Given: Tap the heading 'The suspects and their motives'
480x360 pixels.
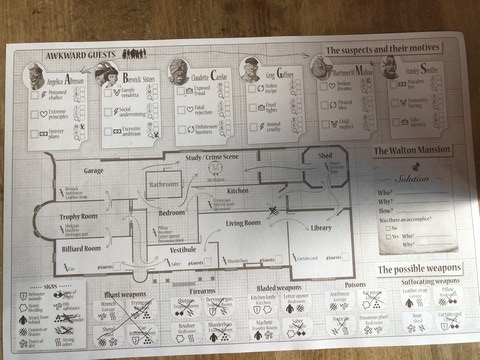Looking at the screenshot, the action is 386,50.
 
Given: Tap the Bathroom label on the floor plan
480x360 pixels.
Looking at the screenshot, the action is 163,185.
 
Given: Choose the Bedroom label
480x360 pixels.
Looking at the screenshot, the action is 172,213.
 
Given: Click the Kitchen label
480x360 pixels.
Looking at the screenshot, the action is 238,190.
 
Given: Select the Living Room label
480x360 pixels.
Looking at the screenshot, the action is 243,223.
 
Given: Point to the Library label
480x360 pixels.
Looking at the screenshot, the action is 321,228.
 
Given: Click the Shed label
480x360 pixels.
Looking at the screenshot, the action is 326,157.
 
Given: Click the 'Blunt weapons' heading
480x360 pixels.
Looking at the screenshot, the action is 126,295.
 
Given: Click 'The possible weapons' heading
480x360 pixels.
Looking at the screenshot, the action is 419,270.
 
